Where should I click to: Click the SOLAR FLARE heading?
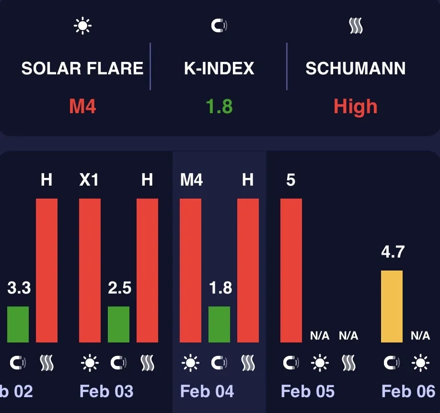pyautogui.click(x=82, y=68)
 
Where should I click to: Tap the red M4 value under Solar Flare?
pyautogui.click(x=82, y=106)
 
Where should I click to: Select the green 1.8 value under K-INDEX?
pyautogui.click(x=220, y=106)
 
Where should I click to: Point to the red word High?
pyautogui.click(x=356, y=106)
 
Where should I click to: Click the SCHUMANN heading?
pyautogui.click(x=356, y=68)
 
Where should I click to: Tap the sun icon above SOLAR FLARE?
pyautogui.click(x=82, y=26)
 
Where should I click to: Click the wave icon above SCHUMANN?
pyautogui.click(x=356, y=26)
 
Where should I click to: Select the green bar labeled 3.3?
pyautogui.click(x=18, y=324)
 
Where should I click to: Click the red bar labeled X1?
pyautogui.click(x=90, y=270)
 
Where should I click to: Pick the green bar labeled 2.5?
pyautogui.click(x=119, y=324)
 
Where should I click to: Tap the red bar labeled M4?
pyautogui.click(x=190, y=270)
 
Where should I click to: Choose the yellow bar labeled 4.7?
pyautogui.click(x=392, y=307)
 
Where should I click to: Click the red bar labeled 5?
pyautogui.click(x=291, y=270)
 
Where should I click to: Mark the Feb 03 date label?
pyautogui.click(x=106, y=391)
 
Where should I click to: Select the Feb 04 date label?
pyautogui.click(x=207, y=391)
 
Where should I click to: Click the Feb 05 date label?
pyautogui.click(x=308, y=391)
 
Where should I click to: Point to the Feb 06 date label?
pyautogui.click(x=408, y=391)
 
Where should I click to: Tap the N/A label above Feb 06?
pyautogui.click(x=420, y=336)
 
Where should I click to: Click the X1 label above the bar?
pyautogui.click(x=89, y=180)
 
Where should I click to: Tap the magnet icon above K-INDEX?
pyautogui.click(x=220, y=26)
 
